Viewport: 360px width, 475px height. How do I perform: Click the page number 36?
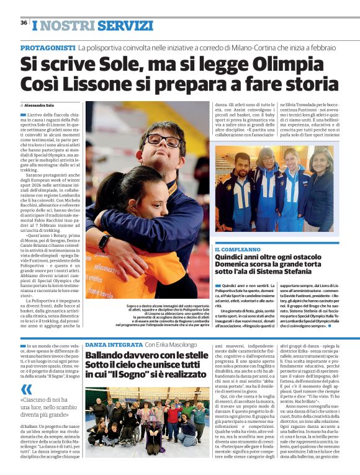[x=24, y=22]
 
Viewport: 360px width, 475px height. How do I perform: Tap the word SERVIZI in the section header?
[x=125, y=26]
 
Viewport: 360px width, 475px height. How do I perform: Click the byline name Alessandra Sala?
[x=41, y=105]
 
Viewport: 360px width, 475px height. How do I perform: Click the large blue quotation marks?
[x=26, y=389]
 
